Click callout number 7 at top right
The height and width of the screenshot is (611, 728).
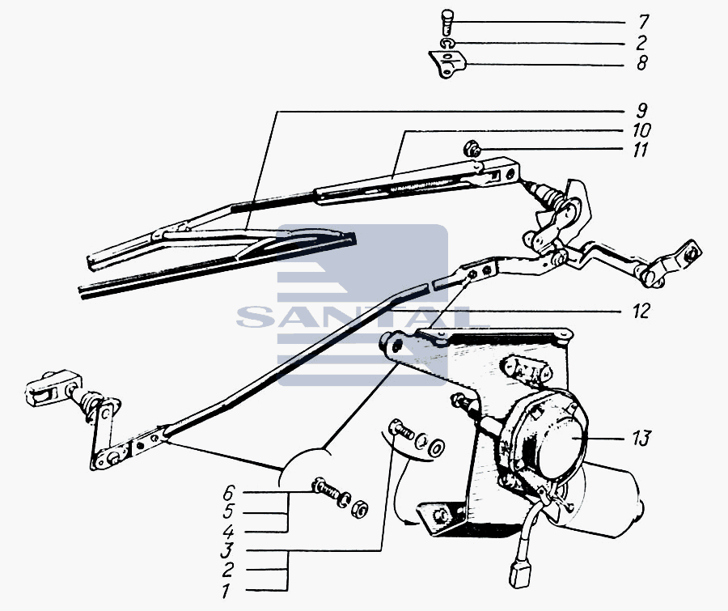coord(642,22)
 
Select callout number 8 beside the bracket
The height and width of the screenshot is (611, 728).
coord(642,63)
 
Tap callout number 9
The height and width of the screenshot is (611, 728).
coord(641,111)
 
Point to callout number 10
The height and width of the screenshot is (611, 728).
coord(641,129)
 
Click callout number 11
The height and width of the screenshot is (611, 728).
coord(641,150)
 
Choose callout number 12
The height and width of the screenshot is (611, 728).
coord(641,311)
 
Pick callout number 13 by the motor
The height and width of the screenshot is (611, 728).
coord(641,438)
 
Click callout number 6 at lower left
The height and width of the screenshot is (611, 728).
coord(230,492)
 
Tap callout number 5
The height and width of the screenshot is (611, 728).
coord(228,511)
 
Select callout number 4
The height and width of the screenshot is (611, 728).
coord(228,531)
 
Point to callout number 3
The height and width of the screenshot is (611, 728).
coord(226,550)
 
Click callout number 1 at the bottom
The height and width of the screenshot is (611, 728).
coord(226,592)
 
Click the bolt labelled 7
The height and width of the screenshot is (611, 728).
coord(447,21)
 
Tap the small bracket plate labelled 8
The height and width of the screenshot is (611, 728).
coord(447,65)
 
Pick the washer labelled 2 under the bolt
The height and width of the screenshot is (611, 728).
coord(447,44)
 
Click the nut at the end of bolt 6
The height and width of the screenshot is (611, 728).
coord(360,507)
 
